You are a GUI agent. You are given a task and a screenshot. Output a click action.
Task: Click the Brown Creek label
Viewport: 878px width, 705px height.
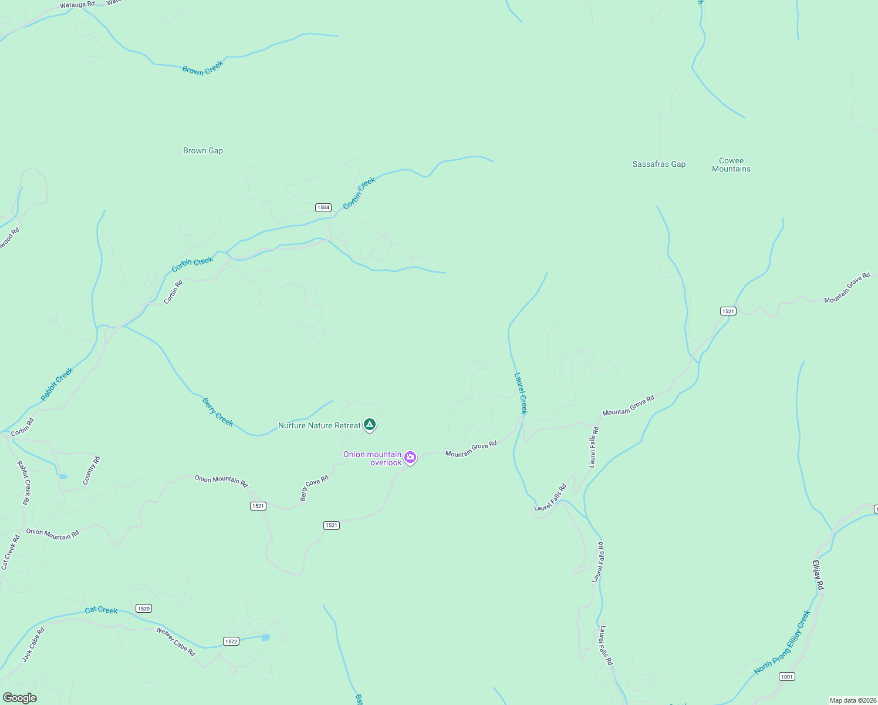point(202,68)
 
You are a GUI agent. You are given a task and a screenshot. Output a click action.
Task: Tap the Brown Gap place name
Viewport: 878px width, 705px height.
point(203,150)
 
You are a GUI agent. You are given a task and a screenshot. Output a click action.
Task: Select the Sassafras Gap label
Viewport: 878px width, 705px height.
point(658,164)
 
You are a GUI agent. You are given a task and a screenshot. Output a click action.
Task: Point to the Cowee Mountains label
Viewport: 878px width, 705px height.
point(731,164)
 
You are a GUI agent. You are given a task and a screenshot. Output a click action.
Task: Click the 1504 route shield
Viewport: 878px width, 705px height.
point(323,207)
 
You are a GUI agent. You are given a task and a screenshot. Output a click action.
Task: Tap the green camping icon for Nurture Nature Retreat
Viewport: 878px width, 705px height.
point(369,424)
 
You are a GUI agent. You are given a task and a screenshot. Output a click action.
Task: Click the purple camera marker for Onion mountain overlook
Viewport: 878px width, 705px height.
point(410,457)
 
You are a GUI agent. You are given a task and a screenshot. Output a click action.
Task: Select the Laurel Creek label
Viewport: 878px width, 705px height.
point(521,393)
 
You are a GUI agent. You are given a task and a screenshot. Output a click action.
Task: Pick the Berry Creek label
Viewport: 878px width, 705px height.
point(217,412)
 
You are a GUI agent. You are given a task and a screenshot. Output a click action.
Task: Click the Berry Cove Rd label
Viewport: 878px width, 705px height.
point(314,488)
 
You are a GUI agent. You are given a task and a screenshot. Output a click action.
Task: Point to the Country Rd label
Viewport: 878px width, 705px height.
point(91,471)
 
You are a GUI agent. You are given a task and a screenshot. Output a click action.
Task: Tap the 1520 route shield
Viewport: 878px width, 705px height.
point(143,609)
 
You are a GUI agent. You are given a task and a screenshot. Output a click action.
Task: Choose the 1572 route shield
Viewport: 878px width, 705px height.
point(231,641)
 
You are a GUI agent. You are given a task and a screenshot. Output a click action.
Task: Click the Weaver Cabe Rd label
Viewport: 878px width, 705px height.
point(175,641)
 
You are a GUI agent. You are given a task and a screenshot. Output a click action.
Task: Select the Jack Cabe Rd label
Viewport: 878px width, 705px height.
point(33,645)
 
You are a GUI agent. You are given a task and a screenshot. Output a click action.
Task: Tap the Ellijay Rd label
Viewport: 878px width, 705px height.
point(818,575)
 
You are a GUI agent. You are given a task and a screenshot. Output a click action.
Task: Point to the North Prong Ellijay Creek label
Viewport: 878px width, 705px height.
point(782,642)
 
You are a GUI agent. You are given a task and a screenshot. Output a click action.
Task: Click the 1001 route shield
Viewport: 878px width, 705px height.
point(787,677)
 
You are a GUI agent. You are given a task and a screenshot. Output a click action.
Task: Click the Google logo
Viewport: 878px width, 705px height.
point(19,698)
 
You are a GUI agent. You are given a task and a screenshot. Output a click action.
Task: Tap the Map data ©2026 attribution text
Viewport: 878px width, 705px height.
point(852,700)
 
